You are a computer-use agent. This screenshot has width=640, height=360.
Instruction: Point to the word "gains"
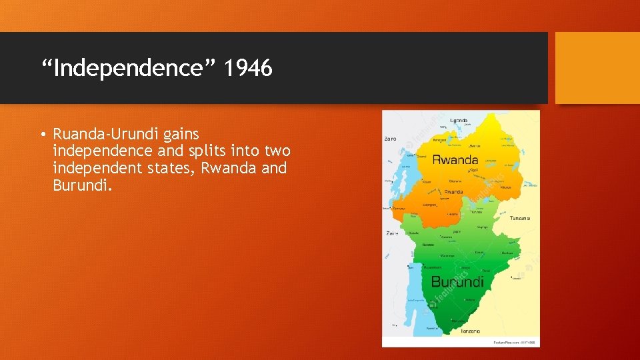pyautogui.click(x=182, y=135)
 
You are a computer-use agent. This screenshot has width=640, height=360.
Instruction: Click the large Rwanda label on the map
pyautogui.click(x=455, y=160)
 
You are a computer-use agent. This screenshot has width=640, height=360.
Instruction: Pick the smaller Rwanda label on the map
pyautogui.click(x=454, y=192)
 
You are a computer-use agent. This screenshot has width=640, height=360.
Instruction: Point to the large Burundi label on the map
pyautogui.click(x=457, y=281)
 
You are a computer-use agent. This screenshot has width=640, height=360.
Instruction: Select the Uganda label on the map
pyautogui.click(x=459, y=121)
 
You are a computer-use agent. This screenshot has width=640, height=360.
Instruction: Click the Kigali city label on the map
pyautogui.click(x=475, y=171)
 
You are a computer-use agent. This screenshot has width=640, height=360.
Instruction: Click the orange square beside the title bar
pyautogui.click(x=597, y=68)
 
